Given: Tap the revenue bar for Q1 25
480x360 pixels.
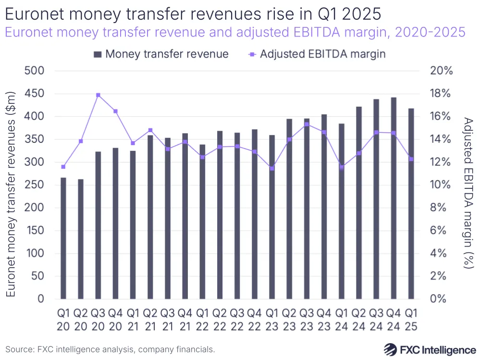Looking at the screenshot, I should [411, 204].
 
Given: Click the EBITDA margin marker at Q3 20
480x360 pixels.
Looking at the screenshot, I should [98, 95].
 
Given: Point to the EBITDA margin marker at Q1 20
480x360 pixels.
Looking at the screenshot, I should [63, 167].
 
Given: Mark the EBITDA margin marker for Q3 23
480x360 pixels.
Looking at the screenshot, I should [307, 124].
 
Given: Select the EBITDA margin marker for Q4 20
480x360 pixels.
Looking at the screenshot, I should [115, 112].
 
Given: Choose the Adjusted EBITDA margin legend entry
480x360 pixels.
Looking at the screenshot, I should [317, 53].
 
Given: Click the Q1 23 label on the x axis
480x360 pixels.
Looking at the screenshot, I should [272, 320].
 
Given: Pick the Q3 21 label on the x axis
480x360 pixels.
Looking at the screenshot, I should [168, 320].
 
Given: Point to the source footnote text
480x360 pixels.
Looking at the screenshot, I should [110, 349].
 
